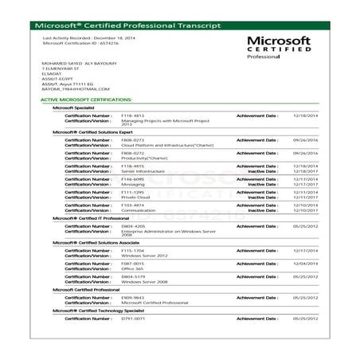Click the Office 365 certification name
tap(131, 268)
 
